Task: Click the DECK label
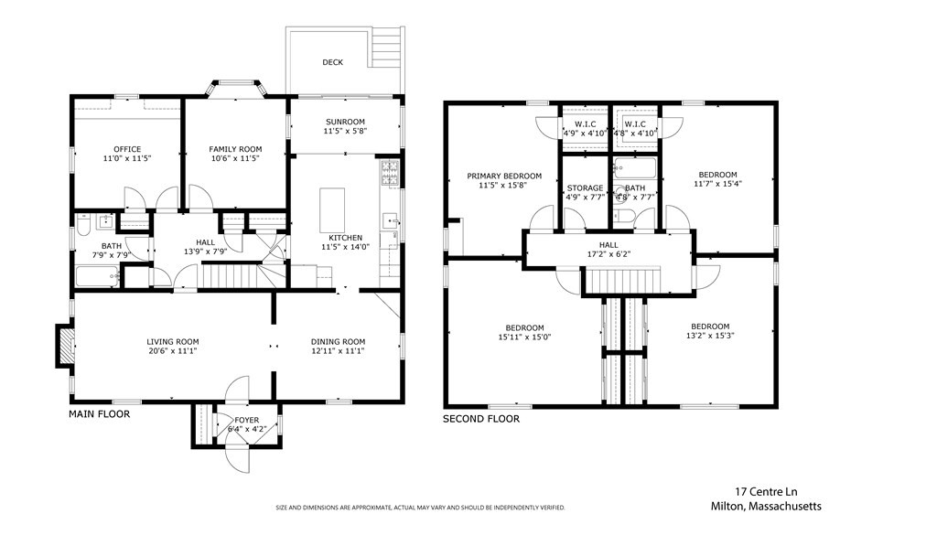pyautogui.click(x=332, y=62)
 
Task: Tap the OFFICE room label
pyautogui.click(x=127, y=149)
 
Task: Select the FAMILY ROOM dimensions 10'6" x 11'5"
pyautogui.click(x=235, y=159)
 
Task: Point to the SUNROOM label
pyautogui.click(x=345, y=122)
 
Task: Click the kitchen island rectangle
pyautogui.click(x=332, y=206)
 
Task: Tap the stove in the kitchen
pyautogui.click(x=390, y=173)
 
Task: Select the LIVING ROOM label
pyautogui.click(x=173, y=342)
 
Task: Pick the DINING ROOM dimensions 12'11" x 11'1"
pyautogui.click(x=338, y=351)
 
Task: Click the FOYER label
pyautogui.click(x=247, y=420)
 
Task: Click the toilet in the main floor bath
pyautogui.click(x=82, y=224)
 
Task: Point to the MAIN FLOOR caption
pyautogui.click(x=99, y=414)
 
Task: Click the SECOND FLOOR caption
pyautogui.click(x=481, y=420)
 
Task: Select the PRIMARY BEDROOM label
pyautogui.click(x=504, y=177)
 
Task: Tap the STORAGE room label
pyautogui.click(x=585, y=188)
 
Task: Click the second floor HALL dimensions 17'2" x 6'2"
pyautogui.click(x=609, y=254)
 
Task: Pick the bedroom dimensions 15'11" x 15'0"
pyautogui.click(x=524, y=337)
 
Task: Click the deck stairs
pyautogui.click(x=388, y=48)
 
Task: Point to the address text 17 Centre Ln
pyautogui.click(x=766, y=492)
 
